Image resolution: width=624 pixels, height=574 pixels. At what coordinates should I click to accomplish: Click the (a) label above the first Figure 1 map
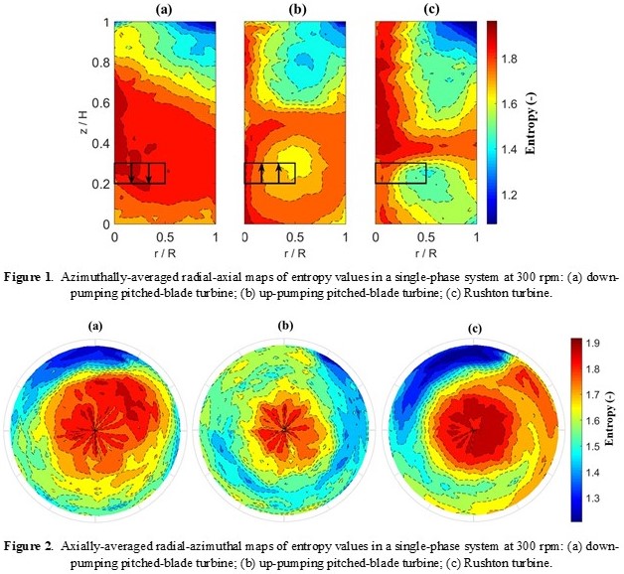(164, 9)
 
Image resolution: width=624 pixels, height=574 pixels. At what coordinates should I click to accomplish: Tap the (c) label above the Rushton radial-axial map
(425, 9)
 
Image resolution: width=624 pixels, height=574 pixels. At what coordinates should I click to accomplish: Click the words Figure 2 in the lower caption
(36, 546)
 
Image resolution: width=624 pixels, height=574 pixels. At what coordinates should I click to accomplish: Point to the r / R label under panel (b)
(294, 252)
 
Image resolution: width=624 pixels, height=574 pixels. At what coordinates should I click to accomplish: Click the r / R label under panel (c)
(425, 252)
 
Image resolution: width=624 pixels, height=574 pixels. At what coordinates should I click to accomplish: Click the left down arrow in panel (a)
(131, 173)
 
